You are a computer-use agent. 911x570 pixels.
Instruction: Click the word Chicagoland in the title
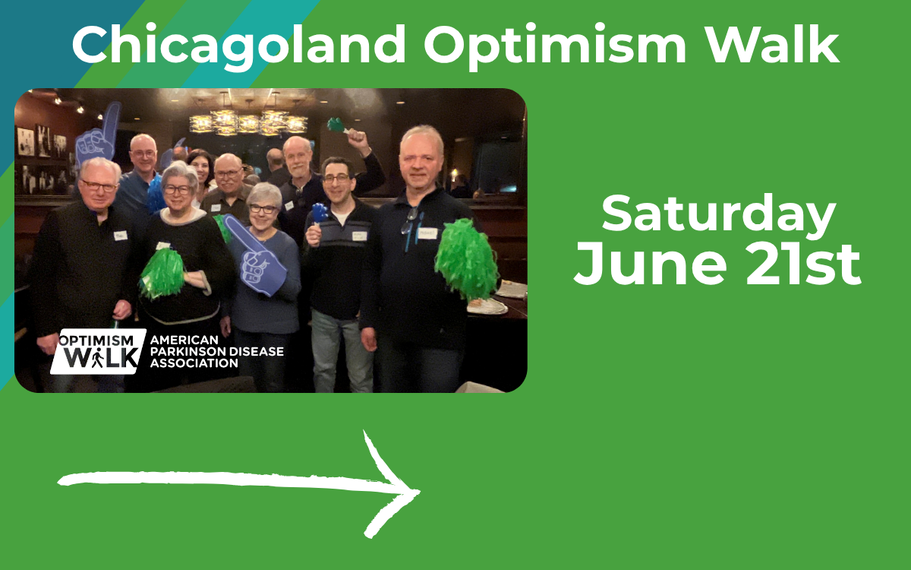point(238,45)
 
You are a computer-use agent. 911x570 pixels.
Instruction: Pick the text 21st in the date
point(803,264)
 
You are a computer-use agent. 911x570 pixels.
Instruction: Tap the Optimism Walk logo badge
point(98,351)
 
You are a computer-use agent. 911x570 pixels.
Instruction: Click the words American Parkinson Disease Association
point(217,351)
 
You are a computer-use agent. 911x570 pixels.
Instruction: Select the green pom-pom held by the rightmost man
point(466,259)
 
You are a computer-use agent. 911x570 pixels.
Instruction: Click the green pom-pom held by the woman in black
point(162,273)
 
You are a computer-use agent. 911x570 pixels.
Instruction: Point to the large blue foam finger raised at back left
point(98,135)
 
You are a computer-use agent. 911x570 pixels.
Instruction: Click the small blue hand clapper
point(320,213)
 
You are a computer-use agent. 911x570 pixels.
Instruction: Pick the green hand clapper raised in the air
point(337,125)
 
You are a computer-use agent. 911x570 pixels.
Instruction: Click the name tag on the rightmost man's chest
point(427,233)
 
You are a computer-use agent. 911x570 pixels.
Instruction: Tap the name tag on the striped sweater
point(359,236)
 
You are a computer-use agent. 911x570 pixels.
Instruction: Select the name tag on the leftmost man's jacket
point(121,236)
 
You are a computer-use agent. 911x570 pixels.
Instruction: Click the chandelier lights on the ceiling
point(247,121)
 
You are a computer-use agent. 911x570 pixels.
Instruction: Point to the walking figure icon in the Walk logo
point(97,359)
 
